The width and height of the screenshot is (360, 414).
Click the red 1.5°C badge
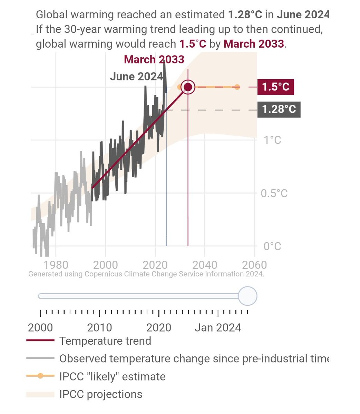pos(275,87)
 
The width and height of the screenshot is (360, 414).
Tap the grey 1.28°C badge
pos(279,109)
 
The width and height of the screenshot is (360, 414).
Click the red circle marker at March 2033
pos(188,87)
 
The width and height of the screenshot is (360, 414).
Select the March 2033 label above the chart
pos(154,59)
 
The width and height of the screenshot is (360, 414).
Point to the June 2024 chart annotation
pos(136,76)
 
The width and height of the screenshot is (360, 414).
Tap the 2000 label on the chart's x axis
pos(105,265)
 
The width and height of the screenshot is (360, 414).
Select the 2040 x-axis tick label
pos(205,265)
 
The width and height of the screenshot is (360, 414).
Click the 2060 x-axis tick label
pos(254,265)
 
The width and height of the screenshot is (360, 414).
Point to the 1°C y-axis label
pos(272,140)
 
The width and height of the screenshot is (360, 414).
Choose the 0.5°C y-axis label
pos(274,193)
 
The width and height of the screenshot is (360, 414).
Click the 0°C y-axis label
pos(272,246)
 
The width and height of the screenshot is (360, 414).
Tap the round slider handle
pos(247,296)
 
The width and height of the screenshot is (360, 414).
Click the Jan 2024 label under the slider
pos(218,327)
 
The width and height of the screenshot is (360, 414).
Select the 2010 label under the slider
pos(99,327)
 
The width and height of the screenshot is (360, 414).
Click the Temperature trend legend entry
pos(105,341)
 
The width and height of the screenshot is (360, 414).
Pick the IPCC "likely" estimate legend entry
pos(112,376)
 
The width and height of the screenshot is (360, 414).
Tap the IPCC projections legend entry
pos(100,394)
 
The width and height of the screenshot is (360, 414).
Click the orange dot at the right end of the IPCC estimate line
pos(237,87)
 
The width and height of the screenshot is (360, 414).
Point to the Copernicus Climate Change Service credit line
pos(146,274)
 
